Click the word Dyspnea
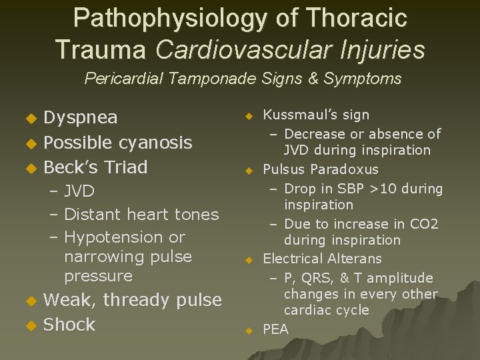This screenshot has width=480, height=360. click(x=80, y=118)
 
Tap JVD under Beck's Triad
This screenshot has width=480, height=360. click(x=79, y=192)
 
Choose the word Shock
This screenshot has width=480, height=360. click(x=69, y=325)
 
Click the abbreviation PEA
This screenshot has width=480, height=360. click(x=276, y=329)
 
